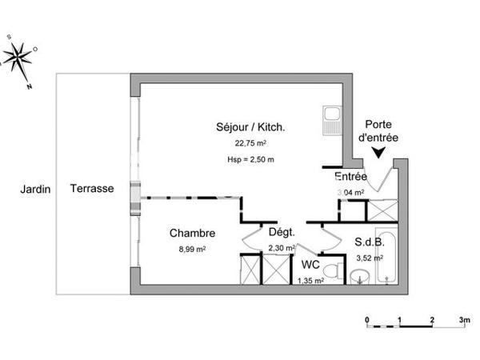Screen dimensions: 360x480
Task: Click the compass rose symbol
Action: (x=18, y=57)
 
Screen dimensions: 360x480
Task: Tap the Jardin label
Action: (x=36, y=190)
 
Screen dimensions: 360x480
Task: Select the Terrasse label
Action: (x=90, y=190)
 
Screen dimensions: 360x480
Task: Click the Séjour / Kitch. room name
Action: (x=250, y=126)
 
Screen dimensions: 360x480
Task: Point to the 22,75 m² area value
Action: (x=250, y=144)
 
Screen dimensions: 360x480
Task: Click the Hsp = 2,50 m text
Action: (x=250, y=159)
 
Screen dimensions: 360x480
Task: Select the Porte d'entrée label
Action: (x=378, y=130)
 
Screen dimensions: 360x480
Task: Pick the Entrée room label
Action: (x=350, y=176)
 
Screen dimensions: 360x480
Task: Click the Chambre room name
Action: (x=192, y=234)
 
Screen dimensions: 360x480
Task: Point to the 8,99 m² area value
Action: (x=192, y=249)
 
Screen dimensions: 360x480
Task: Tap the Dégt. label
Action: (x=281, y=233)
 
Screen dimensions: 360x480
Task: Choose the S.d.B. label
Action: (x=369, y=242)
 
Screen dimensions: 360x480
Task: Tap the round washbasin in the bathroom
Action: (x=361, y=277)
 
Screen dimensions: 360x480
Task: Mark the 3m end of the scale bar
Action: (x=464, y=320)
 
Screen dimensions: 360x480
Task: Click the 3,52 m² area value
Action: (x=369, y=258)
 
